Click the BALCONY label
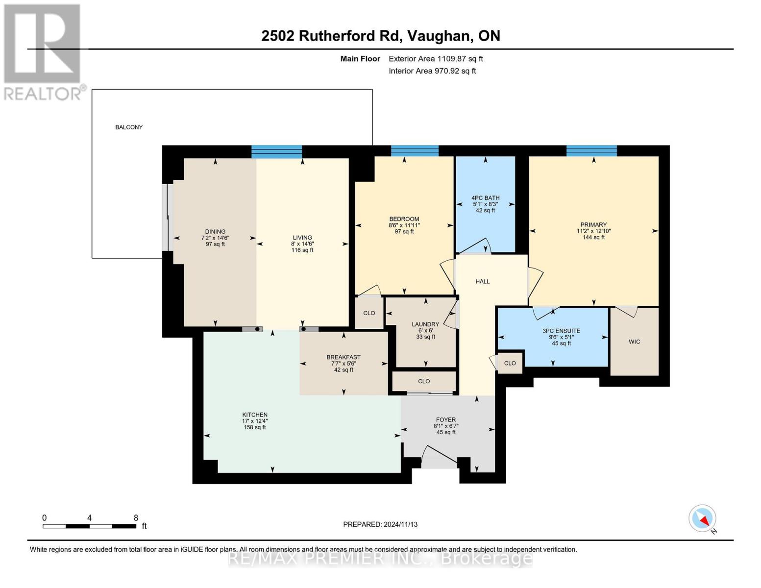click(x=129, y=127)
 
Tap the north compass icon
click(x=702, y=518)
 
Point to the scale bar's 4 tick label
click(x=89, y=517)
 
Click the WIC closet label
click(x=634, y=342)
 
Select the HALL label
click(x=482, y=281)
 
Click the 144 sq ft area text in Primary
click(x=593, y=237)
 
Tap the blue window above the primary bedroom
click(x=591, y=150)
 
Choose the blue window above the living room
click(x=277, y=151)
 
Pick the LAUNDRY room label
click(x=425, y=324)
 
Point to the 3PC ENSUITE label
click(x=562, y=331)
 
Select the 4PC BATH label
click(x=486, y=198)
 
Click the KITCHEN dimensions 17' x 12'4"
click(x=255, y=421)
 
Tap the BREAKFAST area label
click(x=343, y=357)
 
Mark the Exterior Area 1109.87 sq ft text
click(x=436, y=59)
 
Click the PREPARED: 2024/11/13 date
click(x=380, y=524)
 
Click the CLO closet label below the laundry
click(x=424, y=381)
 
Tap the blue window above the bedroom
click(x=415, y=150)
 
